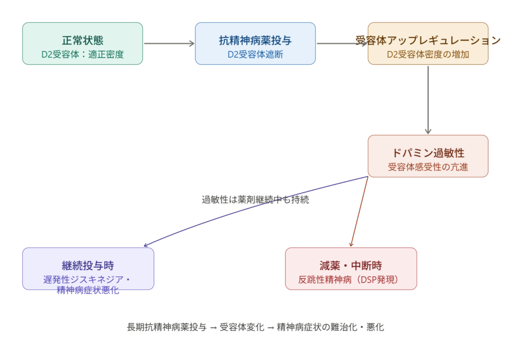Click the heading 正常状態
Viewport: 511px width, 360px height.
(x=83, y=40)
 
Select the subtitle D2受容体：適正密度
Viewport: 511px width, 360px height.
(x=83, y=54)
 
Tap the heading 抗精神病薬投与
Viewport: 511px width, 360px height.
(x=255, y=40)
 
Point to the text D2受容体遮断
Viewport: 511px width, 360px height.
(x=255, y=54)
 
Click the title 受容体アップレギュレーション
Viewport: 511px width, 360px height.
(x=428, y=40)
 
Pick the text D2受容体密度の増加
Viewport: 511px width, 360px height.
(x=428, y=54)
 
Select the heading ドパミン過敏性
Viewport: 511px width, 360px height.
(x=428, y=153)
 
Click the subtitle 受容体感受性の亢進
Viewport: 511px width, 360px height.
(x=428, y=167)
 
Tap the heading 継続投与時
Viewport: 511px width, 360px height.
(x=88, y=265)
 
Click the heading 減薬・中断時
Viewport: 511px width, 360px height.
(x=351, y=265)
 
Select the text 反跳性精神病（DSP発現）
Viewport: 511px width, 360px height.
(x=351, y=279)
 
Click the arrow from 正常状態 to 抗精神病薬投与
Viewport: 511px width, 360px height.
(x=169, y=43)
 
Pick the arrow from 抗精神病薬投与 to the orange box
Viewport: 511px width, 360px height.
(x=341, y=43)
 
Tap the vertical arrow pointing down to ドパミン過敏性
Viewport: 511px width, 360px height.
(x=428, y=100)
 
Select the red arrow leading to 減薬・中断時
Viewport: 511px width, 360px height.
(x=360, y=211)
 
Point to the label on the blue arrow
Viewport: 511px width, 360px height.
(x=255, y=200)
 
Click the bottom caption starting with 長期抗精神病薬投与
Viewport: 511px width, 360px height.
(x=255, y=328)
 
